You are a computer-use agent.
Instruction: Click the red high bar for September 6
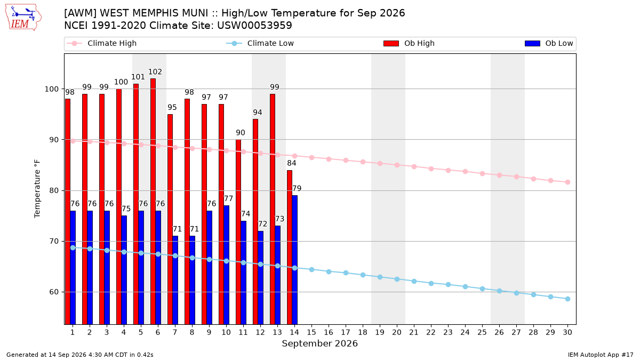pyautogui.click(x=153, y=202)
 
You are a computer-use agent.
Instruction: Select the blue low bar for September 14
pyautogui.click(x=294, y=260)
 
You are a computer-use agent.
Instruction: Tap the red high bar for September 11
pyautogui.click(x=238, y=232)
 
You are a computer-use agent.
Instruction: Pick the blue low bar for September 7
pyautogui.click(x=175, y=280)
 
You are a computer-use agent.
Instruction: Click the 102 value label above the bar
pyautogui.click(x=155, y=71)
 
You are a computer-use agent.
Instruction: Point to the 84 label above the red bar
pyautogui.click(x=291, y=163)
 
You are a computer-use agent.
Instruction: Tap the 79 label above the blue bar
pyautogui.click(x=297, y=189)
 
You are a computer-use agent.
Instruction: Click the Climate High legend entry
pyautogui.click(x=102, y=43)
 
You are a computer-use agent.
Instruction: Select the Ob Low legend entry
pyautogui.click(x=549, y=43)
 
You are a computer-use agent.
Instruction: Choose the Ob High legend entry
pyautogui.click(x=409, y=43)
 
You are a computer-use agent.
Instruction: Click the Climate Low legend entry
pyautogui.click(x=260, y=43)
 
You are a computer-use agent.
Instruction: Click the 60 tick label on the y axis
pyautogui.click(x=54, y=292)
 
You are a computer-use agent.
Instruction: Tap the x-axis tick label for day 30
pyautogui.click(x=567, y=332)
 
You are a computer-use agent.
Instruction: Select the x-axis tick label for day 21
pyautogui.click(x=414, y=332)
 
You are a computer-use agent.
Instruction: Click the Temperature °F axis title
pyautogui.click(x=37, y=189)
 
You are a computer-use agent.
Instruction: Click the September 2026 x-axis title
pyautogui.click(x=319, y=343)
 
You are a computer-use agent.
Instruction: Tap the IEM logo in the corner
pyautogui.click(x=23, y=18)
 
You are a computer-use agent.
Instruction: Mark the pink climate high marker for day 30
pyautogui.click(x=567, y=182)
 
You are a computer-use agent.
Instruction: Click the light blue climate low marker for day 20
pyautogui.click(x=397, y=279)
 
